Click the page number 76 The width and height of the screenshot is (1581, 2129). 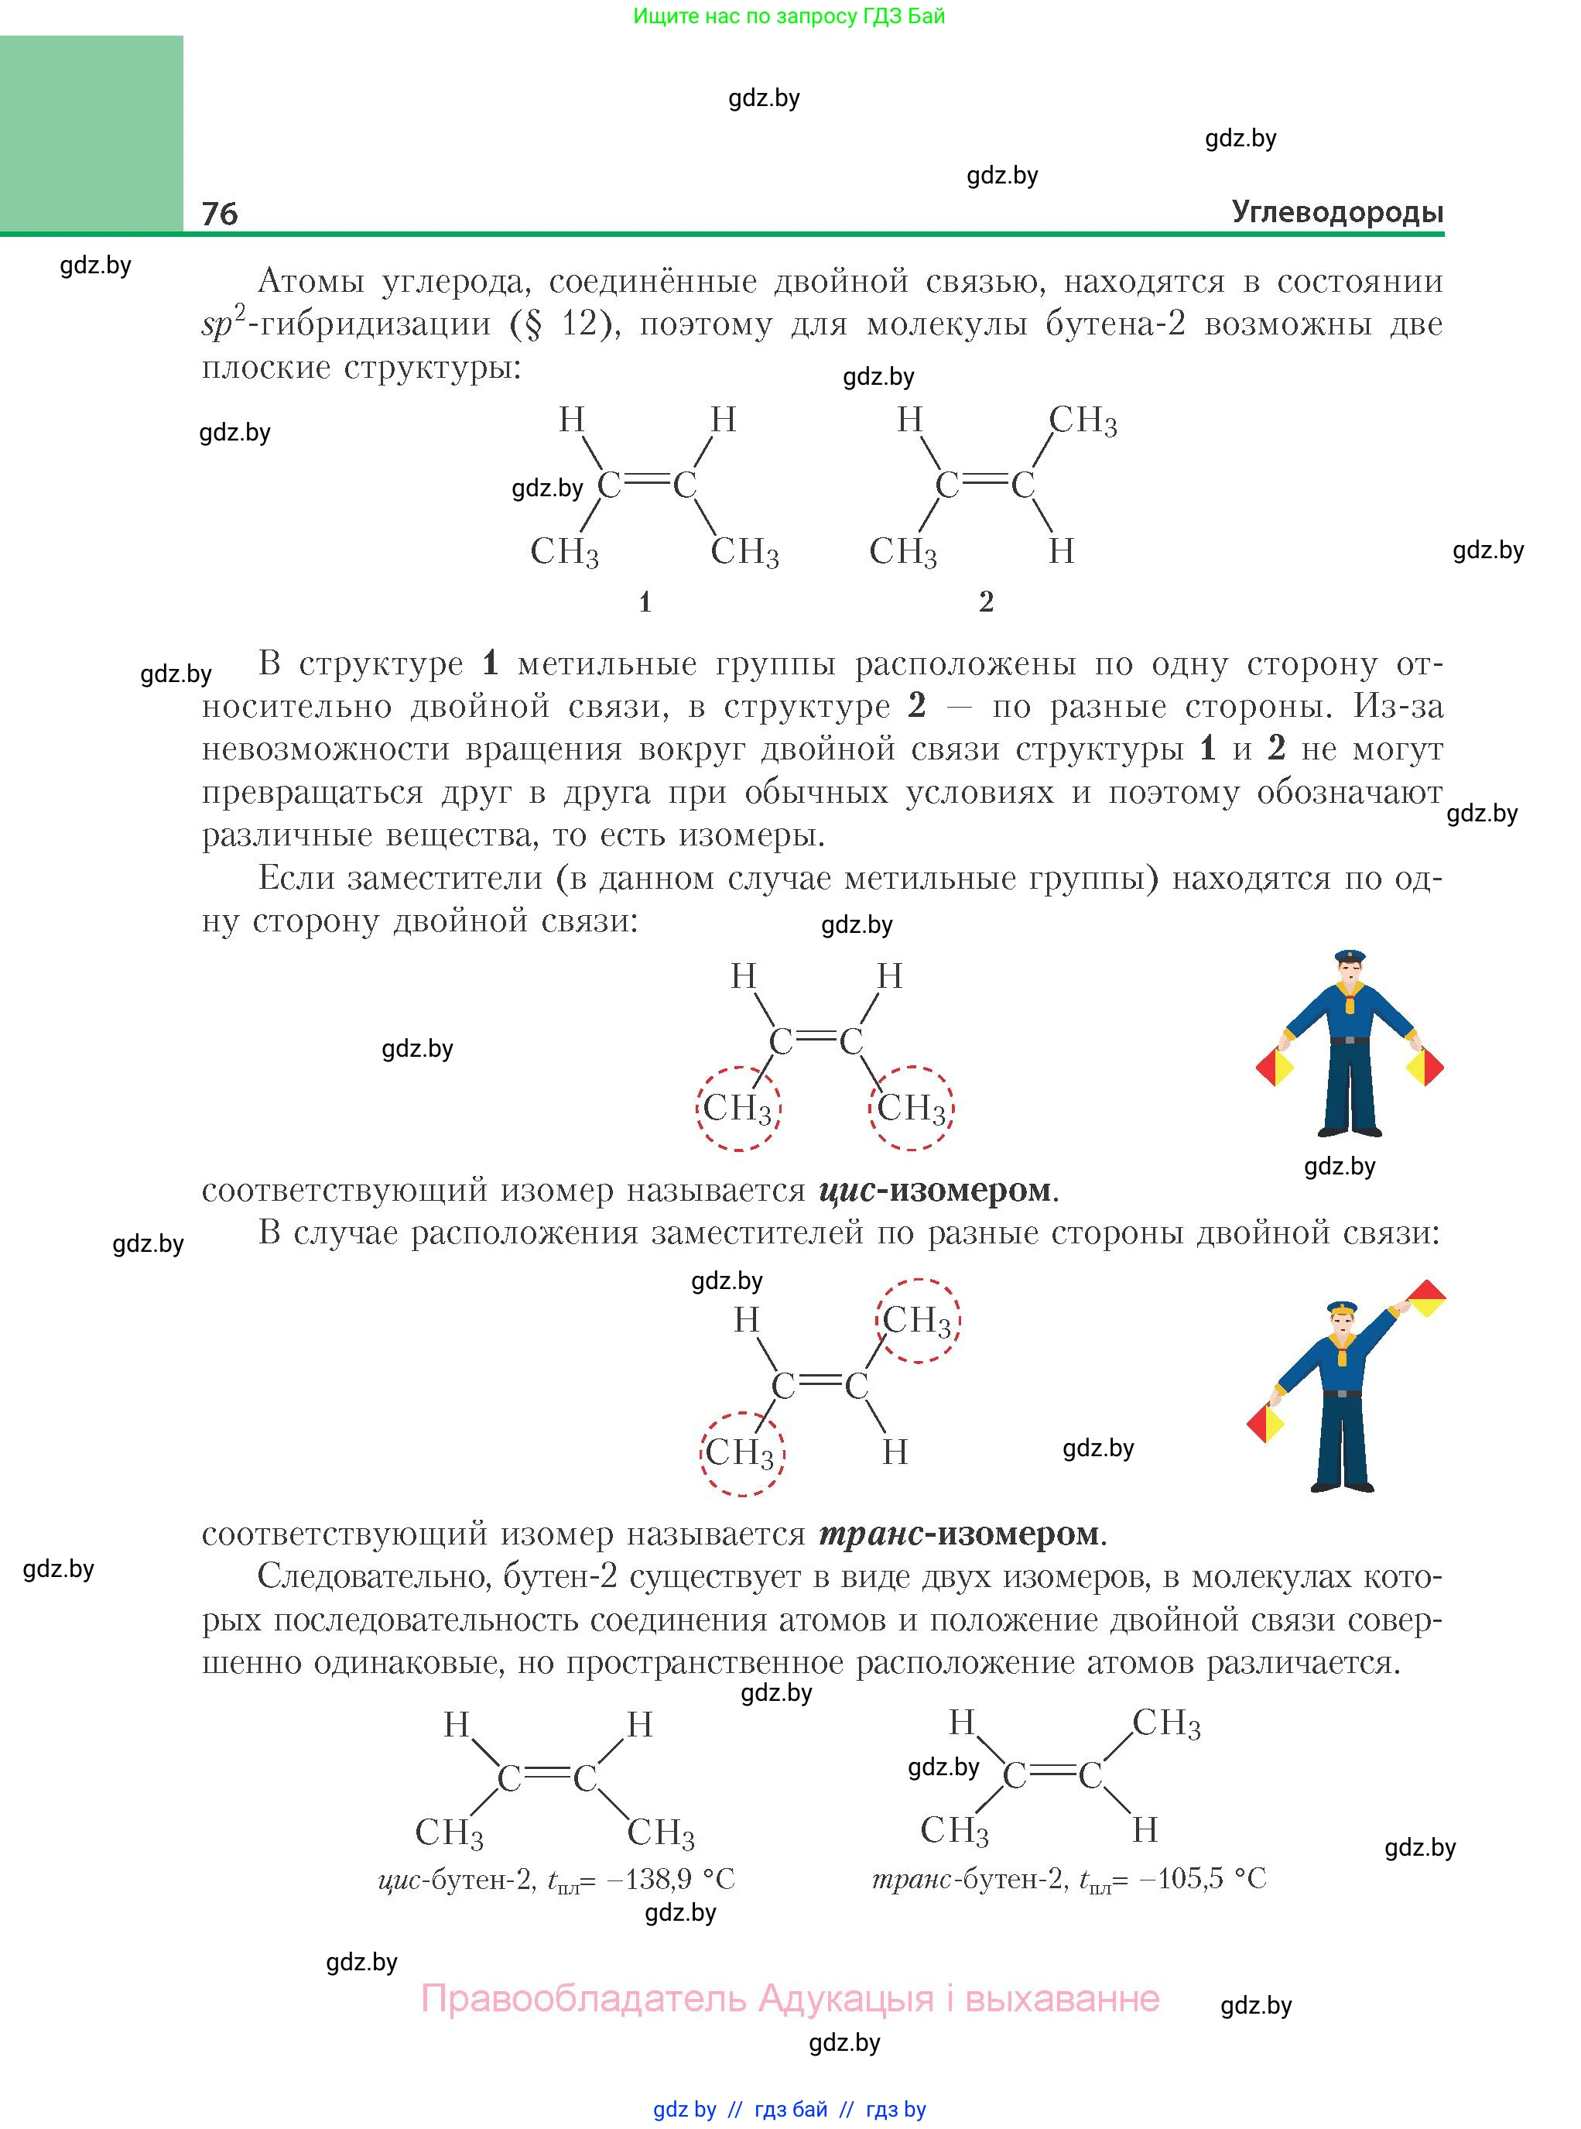click(220, 214)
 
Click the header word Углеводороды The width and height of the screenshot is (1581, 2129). click(1337, 211)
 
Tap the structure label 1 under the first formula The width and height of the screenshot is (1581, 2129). click(645, 602)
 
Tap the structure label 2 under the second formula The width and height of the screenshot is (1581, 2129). click(986, 602)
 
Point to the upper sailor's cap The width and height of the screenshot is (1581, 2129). click(1350, 956)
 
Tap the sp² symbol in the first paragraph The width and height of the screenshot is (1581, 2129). click(223, 323)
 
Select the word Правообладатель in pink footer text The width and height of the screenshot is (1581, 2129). click(583, 1998)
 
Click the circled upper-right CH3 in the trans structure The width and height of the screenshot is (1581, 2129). click(917, 1321)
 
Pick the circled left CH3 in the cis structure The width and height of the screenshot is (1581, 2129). click(737, 1109)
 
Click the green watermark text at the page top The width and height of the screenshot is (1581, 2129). click(789, 16)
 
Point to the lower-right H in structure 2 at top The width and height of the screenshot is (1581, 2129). click(1061, 551)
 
